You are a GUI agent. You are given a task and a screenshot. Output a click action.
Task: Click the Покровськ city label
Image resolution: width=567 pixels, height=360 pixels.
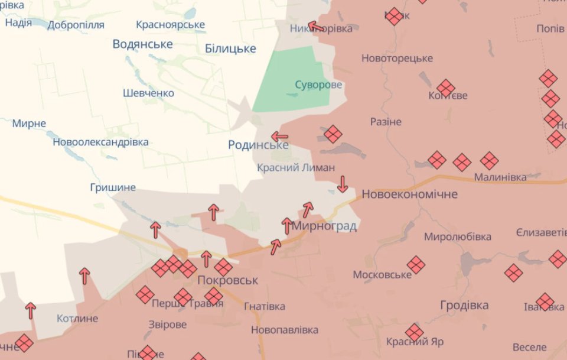(x=228, y=280)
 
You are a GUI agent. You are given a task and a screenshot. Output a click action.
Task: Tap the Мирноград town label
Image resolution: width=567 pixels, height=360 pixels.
(x=324, y=226)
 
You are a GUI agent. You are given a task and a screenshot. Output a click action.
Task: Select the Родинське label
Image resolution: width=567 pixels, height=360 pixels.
(x=258, y=145)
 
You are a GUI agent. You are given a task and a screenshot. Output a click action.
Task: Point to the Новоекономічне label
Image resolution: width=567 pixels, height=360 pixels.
(x=409, y=194)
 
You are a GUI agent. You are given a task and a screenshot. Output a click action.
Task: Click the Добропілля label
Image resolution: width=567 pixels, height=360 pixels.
(x=76, y=25)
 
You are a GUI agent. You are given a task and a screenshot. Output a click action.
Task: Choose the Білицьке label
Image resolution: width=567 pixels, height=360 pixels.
(x=230, y=48)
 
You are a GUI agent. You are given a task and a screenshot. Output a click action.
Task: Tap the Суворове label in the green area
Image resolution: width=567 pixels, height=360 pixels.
(x=318, y=85)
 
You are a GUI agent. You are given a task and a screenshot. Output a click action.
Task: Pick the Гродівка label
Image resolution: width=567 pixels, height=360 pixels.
(x=464, y=306)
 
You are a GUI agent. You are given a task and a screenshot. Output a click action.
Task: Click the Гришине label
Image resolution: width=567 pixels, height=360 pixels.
(x=113, y=187)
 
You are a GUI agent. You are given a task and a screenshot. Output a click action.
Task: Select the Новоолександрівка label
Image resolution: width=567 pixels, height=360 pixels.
(x=100, y=142)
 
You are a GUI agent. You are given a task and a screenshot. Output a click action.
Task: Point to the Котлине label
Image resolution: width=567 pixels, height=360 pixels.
(x=77, y=319)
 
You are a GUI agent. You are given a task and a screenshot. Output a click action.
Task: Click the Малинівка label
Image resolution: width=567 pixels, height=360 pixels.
(x=500, y=177)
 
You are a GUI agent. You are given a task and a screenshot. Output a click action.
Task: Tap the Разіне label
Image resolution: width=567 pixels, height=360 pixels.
(x=386, y=122)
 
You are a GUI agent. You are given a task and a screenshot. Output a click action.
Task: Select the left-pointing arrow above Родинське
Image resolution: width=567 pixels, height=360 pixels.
(x=279, y=137)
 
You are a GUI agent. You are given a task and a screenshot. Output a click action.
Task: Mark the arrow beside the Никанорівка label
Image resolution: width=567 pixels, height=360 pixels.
(x=315, y=26)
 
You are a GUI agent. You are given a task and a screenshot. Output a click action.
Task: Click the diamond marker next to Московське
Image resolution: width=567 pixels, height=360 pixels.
(x=416, y=265)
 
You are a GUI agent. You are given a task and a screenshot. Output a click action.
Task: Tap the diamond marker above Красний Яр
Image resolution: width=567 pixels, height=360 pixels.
(x=414, y=332)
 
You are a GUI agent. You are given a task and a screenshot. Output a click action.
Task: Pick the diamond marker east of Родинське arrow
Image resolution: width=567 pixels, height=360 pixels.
(x=333, y=134)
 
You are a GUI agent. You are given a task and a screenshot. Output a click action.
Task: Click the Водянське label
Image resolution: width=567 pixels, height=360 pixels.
(x=142, y=44)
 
